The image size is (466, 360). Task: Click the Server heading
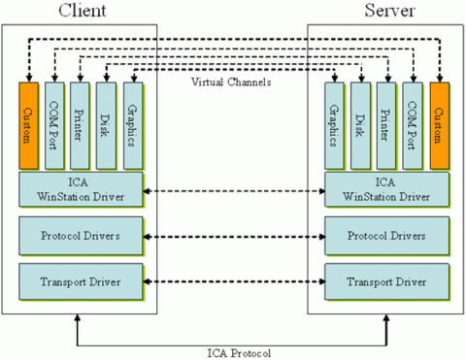(386, 12)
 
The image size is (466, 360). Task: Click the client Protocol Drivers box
(82, 236)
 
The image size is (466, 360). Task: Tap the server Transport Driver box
(386, 281)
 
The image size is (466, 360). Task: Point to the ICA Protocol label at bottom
(233, 351)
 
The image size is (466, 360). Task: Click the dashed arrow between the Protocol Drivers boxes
(234, 236)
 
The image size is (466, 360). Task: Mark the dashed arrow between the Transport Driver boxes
(234, 281)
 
